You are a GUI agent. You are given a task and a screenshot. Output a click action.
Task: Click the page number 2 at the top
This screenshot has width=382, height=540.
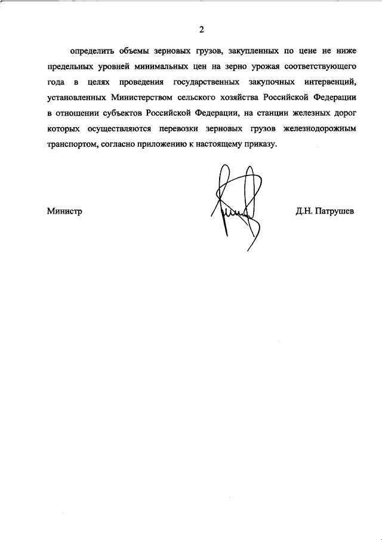click(x=202, y=29)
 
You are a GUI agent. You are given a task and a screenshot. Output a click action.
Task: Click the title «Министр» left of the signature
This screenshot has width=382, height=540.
click(x=64, y=211)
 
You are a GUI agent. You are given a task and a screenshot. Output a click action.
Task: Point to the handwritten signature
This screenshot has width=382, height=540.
click(x=236, y=206)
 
